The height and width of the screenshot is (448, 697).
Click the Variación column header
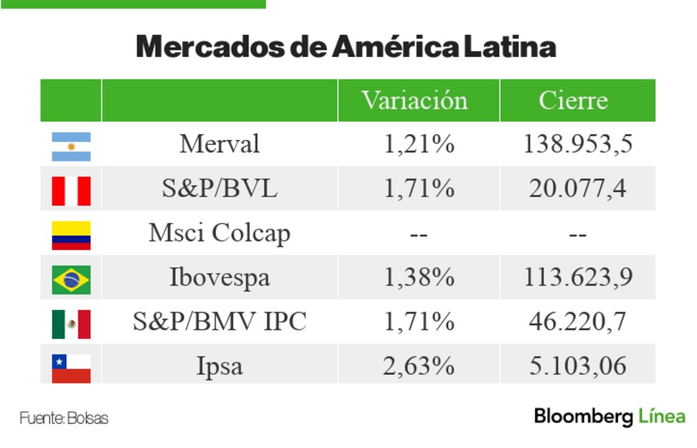[415, 100]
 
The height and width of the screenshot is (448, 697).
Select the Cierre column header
[573, 100]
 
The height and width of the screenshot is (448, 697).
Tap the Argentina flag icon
[71, 146]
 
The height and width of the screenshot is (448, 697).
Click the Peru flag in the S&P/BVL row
[71, 190]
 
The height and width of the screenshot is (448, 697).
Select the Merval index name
[219, 144]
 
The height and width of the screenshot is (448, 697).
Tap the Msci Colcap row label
[219, 233]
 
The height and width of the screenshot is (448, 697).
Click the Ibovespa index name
[219, 278]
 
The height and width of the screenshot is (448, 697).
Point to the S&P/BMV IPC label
[219, 322]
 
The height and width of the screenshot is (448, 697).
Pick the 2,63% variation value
[418, 366]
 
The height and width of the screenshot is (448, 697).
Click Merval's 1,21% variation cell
[418, 144]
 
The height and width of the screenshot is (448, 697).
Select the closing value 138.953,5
[577, 144]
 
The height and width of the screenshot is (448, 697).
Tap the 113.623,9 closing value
[577, 278]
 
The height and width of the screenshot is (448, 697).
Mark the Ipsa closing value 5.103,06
[577, 366]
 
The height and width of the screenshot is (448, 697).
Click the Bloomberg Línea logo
[609, 417]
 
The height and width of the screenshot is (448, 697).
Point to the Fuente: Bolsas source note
[64, 419]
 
